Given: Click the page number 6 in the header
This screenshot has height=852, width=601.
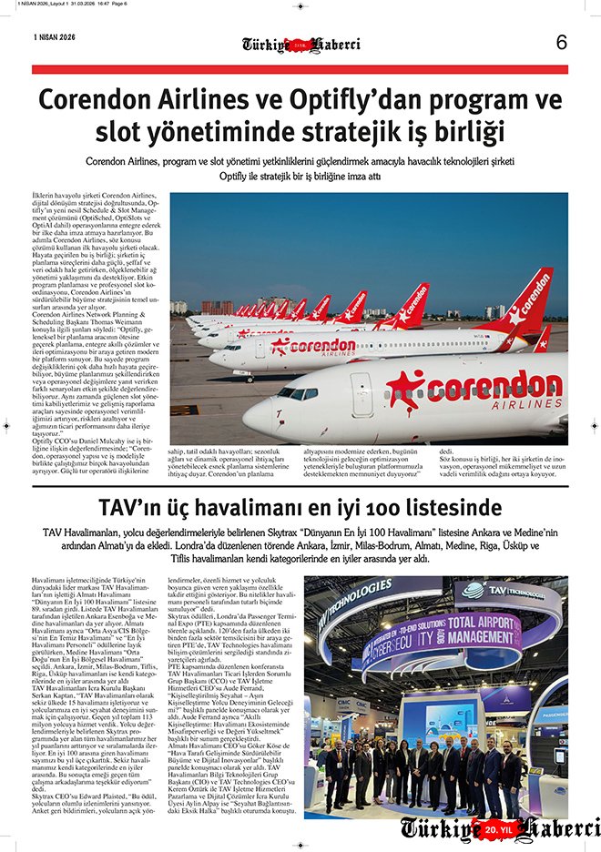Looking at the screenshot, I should (561, 42).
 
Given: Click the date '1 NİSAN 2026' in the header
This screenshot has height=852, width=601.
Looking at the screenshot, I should (55, 37).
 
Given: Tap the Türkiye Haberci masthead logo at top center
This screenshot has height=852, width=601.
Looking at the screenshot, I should (300, 44).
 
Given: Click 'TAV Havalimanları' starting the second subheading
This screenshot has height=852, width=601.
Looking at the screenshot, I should (86, 532).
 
